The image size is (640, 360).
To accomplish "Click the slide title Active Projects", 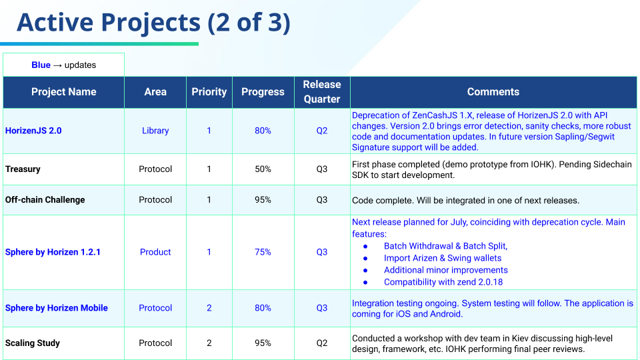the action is click(x=109, y=22).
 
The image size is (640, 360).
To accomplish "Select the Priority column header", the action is click(x=209, y=92).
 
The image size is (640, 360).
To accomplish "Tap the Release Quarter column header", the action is click(x=322, y=92).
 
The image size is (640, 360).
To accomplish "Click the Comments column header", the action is click(x=493, y=92).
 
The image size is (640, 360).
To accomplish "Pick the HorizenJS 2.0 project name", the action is click(x=33, y=131).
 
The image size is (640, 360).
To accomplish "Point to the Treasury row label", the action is click(x=23, y=169).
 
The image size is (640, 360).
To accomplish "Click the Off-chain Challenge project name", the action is click(x=45, y=199).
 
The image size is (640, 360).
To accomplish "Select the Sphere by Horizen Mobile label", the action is click(x=56, y=308).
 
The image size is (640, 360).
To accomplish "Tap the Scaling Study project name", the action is click(x=32, y=343).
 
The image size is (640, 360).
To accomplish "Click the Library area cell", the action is click(x=155, y=131).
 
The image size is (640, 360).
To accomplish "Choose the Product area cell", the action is click(x=155, y=252).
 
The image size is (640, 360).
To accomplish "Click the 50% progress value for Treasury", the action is click(x=263, y=169).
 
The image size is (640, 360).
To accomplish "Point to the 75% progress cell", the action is click(x=263, y=252).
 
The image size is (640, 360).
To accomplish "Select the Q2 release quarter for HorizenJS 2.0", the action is click(x=322, y=131).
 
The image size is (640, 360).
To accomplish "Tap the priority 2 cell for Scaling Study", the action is click(x=209, y=343).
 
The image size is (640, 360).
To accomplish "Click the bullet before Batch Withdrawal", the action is click(x=365, y=247).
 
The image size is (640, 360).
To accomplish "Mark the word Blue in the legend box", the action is click(x=41, y=65).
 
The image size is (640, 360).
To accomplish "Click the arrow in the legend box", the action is click(x=57, y=65).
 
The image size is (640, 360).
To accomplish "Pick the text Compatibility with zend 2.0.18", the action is click(x=443, y=282).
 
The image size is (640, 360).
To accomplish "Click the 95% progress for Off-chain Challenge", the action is click(x=263, y=199).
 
